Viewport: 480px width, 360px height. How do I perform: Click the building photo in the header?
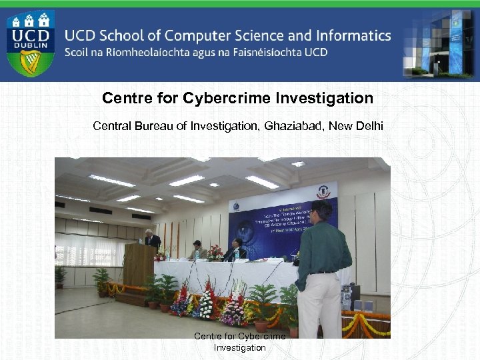pyautogui.click(x=440, y=41)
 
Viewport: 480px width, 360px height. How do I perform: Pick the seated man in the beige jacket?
pyautogui.click(x=197, y=250)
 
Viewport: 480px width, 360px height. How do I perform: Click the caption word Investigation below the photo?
pyautogui.click(x=239, y=347)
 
